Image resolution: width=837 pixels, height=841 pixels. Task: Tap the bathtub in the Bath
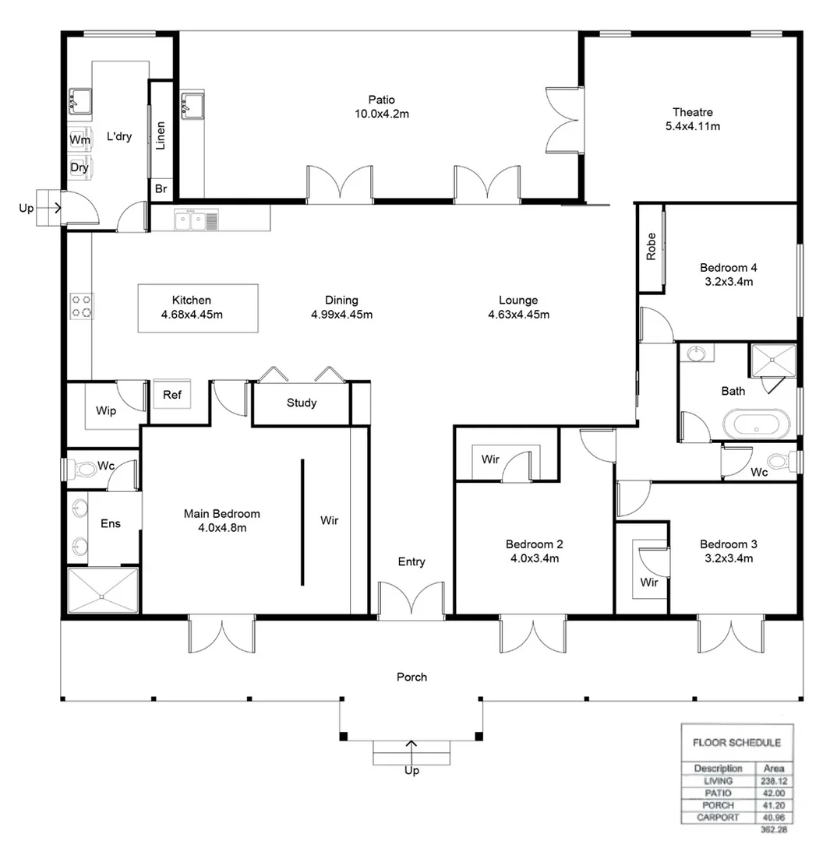tap(756, 426)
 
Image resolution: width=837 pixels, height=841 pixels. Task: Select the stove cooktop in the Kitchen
tap(82, 304)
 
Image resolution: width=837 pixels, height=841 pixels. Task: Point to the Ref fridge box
tap(172, 395)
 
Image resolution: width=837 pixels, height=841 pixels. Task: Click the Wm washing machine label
tap(79, 139)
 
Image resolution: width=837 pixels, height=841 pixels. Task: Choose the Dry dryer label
tap(79, 167)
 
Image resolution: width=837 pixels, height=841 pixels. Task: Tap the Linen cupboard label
tap(161, 136)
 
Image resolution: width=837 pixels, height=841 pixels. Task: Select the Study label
tap(301, 403)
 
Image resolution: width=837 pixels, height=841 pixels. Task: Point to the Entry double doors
tap(411, 601)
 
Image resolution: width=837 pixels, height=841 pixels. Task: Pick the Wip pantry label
tap(106, 410)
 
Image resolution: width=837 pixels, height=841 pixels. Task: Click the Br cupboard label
tap(161, 188)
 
